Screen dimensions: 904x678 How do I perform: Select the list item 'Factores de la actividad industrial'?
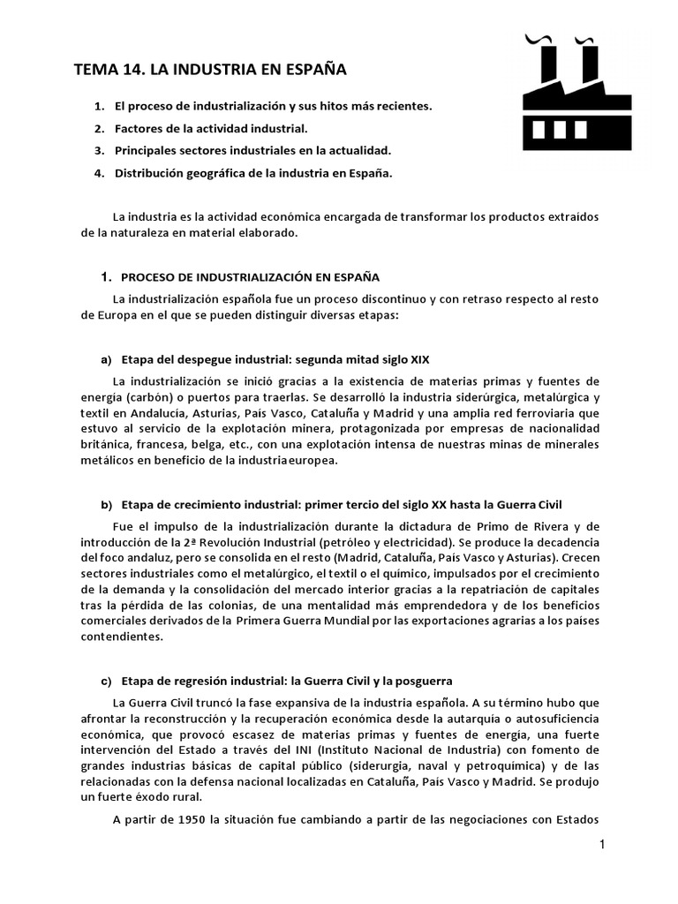click(211, 128)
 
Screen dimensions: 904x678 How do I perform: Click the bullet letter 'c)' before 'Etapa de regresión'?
click(107, 681)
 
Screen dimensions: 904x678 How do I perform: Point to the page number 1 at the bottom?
click(601, 845)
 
